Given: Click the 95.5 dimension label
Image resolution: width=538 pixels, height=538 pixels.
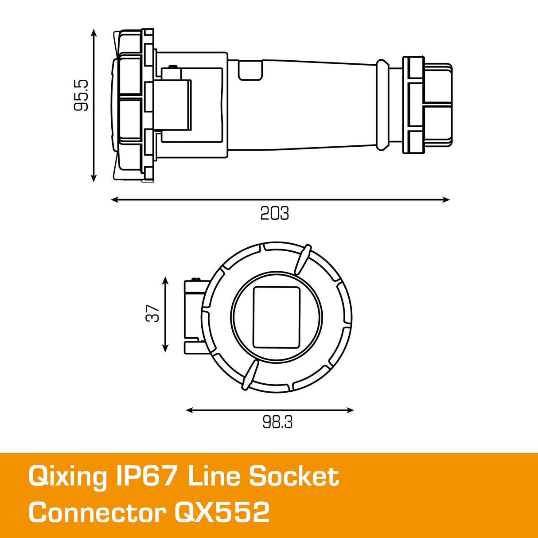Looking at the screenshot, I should (x=81, y=95).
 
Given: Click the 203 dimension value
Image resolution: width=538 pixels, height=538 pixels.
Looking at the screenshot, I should (x=274, y=214).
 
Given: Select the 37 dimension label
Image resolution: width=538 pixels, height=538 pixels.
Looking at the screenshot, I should (x=152, y=313).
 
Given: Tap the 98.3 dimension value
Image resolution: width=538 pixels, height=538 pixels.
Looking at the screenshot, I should (x=277, y=422).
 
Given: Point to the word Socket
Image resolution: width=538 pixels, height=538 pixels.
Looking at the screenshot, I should (x=294, y=476).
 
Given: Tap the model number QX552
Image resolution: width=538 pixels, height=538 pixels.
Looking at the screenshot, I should (x=222, y=513).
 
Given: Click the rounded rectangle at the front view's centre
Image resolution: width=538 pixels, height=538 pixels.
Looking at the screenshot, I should (x=277, y=317).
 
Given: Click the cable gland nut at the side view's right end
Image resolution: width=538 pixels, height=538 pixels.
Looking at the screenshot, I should (x=428, y=105).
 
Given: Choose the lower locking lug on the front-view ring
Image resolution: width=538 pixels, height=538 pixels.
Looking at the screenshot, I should (x=250, y=375).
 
